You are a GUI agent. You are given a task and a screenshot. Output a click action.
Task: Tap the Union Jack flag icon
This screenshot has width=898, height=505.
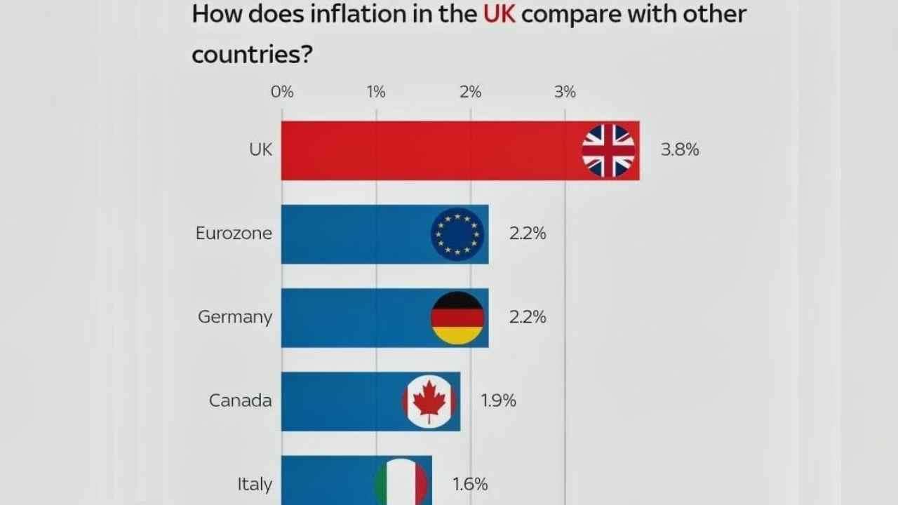tap(608, 151)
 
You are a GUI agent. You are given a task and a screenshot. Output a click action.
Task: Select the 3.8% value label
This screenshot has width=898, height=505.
tap(680, 149)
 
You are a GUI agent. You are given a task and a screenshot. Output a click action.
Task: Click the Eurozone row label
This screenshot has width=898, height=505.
tap(234, 234)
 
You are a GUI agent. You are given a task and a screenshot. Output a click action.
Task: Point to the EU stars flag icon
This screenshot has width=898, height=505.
tap(457, 234)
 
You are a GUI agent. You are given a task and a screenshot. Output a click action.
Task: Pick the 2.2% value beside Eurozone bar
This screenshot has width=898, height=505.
tap(528, 234)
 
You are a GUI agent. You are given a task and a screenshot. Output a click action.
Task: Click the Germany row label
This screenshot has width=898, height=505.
tap(235, 317)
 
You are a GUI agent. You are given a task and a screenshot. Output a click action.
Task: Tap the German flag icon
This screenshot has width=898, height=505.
tap(457, 318)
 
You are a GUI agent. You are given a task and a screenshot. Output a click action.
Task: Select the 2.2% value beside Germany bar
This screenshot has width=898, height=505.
tap(528, 317)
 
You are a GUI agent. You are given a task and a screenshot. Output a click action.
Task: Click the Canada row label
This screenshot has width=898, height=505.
tap(241, 400)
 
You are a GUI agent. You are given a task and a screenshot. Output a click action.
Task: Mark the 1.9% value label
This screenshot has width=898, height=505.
tap(499, 400)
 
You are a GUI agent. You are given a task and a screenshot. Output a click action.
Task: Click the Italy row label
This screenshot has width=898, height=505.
tap(254, 484)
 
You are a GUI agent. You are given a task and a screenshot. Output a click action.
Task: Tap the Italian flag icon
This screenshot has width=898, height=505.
tap(401, 484)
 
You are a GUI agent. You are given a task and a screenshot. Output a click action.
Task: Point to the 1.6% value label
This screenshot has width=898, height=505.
tap(470, 484)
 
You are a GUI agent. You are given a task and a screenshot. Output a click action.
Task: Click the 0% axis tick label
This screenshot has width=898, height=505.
tap(282, 92)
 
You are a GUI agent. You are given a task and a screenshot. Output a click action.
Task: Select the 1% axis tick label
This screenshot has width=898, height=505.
tap(376, 92)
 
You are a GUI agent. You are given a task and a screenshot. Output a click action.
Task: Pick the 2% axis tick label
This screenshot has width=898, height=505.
tap(471, 92)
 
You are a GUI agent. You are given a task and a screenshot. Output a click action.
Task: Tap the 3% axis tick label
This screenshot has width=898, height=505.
tap(565, 92)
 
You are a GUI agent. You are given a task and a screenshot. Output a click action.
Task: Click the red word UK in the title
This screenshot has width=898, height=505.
tap(500, 15)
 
